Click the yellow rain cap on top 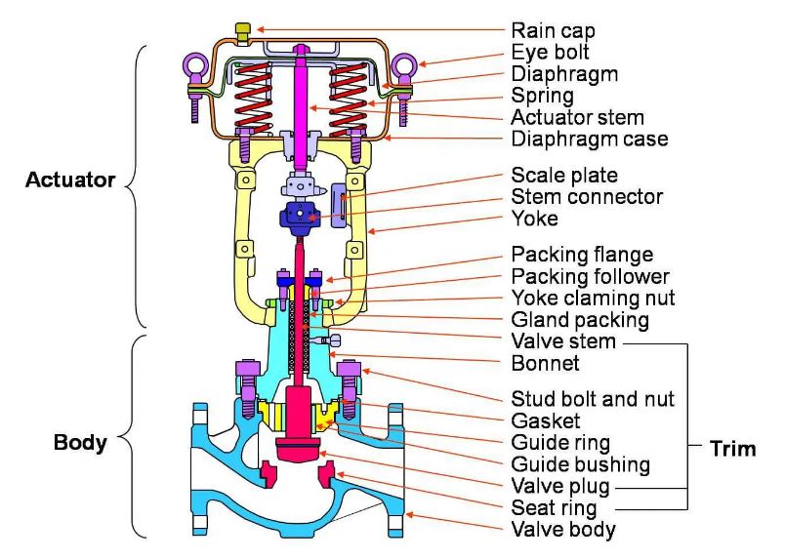pyautogui.click(x=243, y=32)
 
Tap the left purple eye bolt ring pyautogui.click(x=194, y=64)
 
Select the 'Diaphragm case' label pyautogui.click(x=590, y=139)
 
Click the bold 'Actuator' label pyautogui.click(x=70, y=180)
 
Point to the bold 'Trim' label pyautogui.click(x=733, y=449)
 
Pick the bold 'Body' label pyautogui.click(x=80, y=442)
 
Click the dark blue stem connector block pyautogui.click(x=299, y=218)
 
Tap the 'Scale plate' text pyautogui.click(x=564, y=176)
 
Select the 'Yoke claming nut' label pyautogui.click(x=593, y=298)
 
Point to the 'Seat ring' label pyautogui.click(x=555, y=508)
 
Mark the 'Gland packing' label pyautogui.click(x=580, y=320)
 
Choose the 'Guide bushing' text pyautogui.click(x=580, y=464)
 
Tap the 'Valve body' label pyautogui.click(x=563, y=530)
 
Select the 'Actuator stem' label pyautogui.click(x=577, y=117)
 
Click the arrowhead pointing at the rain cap pyautogui.click(x=260, y=29)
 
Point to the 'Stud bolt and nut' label pyautogui.click(x=593, y=399)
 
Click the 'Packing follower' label pyautogui.click(x=591, y=276)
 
